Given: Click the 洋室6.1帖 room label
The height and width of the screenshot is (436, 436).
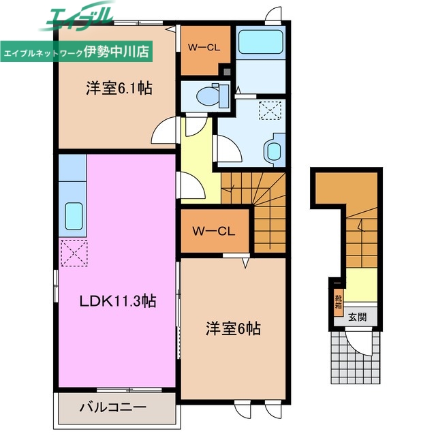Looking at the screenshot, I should tap(118, 88).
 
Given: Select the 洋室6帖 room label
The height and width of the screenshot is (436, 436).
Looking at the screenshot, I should tap(233, 329).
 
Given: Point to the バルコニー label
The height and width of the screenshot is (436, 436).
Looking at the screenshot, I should tap(112, 408).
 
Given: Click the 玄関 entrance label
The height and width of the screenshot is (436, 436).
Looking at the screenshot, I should tap(358, 317).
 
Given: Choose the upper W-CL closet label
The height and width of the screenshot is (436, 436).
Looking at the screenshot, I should tap(204, 47).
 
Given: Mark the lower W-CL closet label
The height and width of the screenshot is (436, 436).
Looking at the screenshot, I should tap(213, 232).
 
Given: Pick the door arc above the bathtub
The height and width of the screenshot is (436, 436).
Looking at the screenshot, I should tap(273, 14).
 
